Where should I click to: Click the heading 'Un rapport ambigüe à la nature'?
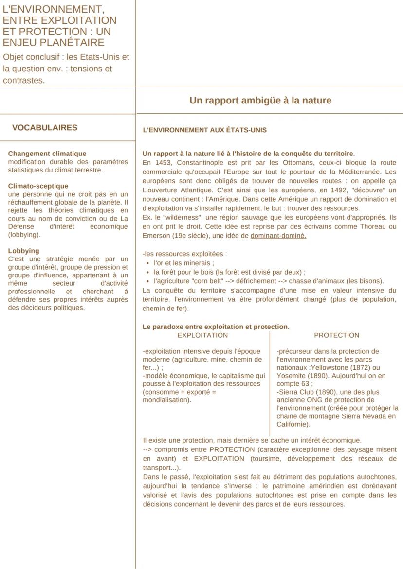click(260, 101)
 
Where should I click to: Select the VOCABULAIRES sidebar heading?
click(44, 128)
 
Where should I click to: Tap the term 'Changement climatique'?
click(47, 154)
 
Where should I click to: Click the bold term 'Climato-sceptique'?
click(38, 186)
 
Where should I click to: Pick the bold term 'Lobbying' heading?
click(23, 251)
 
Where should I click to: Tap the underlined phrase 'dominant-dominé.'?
click(278, 236)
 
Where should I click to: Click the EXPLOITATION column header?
click(202, 335)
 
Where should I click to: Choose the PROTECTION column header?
click(336, 335)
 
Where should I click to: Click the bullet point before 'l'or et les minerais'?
click(147, 263)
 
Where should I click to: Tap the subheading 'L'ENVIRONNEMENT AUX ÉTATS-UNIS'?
click(204, 130)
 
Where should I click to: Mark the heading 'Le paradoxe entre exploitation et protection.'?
click(216, 327)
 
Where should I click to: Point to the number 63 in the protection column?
click(305, 383)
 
